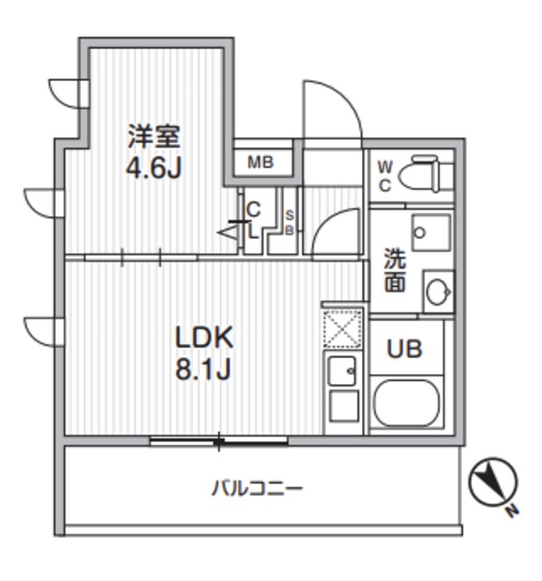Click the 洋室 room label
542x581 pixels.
(153, 138)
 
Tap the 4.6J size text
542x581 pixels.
(153, 169)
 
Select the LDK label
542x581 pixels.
(204, 338)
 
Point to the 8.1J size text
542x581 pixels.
(204, 369)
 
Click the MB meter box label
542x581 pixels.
(261, 163)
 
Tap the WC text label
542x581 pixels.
(384, 176)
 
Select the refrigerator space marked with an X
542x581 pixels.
(343, 329)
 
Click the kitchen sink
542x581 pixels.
(343, 370)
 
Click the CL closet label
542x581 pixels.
(253, 220)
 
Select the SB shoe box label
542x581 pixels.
(290, 222)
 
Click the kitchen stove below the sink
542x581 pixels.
(343, 406)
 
